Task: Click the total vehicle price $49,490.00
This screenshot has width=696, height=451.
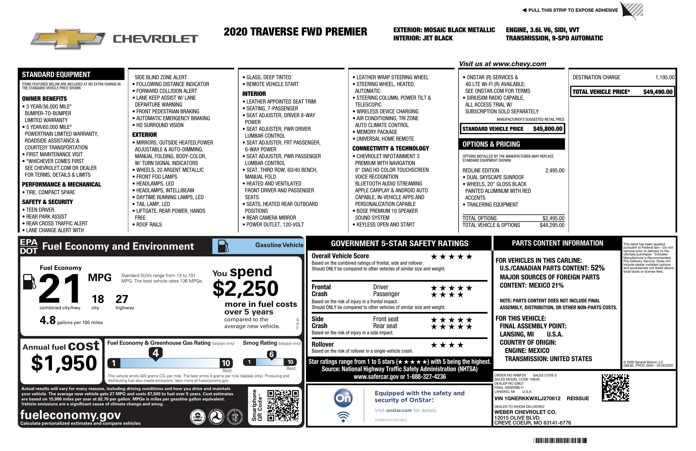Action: tap(658, 92)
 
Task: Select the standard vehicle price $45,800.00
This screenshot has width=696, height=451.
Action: tap(548, 129)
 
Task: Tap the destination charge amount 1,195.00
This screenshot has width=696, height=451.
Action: tap(665, 77)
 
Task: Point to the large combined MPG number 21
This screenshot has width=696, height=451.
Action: tap(60, 288)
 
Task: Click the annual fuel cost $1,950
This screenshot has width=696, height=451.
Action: tap(64, 363)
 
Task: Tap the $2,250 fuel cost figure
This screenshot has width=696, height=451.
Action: tap(245, 288)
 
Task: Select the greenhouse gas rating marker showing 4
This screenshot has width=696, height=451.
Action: tap(156, 353)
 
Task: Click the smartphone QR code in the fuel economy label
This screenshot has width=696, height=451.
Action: tap(283, 405)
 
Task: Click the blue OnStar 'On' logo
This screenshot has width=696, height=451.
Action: tap(343, 398)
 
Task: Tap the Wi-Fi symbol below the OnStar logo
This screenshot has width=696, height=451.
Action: tap(343, 417)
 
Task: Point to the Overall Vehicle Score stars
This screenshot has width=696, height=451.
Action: tap(451, 257)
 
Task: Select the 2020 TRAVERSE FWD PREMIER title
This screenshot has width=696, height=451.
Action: tap(295, 32)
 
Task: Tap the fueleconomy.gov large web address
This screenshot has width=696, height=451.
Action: tap(70, 415)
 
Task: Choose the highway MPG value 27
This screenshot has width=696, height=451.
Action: tap(122, 299)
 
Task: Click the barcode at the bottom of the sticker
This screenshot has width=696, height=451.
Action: tap(560, 440)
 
